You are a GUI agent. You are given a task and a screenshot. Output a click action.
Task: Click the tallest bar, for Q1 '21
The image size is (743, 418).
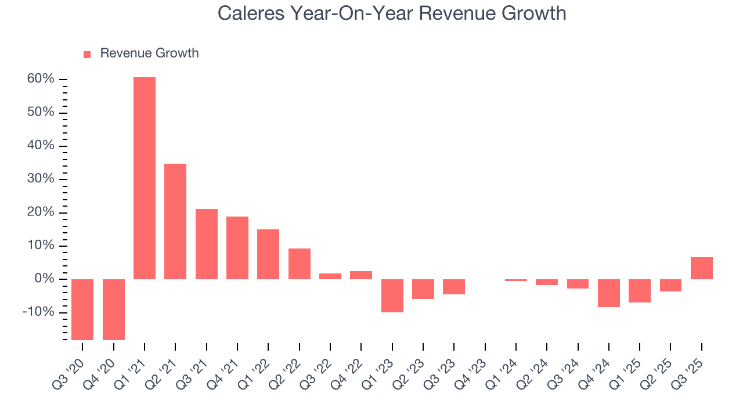[145, 178]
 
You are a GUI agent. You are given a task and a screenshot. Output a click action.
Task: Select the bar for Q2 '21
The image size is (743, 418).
[175, 221]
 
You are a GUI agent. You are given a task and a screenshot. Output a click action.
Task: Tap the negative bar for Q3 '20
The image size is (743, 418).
[82, 309]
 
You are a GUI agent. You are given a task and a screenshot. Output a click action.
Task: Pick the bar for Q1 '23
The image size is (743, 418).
[392, 296]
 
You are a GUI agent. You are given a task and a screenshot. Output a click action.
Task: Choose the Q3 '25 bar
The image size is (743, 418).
[701, 268]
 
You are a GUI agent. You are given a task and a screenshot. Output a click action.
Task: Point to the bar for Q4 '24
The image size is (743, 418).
[608, 293]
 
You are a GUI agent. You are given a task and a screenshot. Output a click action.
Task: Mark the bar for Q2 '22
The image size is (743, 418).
[299, 264]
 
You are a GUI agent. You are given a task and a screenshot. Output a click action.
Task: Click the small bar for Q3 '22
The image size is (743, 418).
[330, 276]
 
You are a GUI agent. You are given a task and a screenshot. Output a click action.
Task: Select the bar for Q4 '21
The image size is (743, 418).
[237, 248]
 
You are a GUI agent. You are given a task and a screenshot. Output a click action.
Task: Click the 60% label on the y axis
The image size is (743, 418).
[41, 79]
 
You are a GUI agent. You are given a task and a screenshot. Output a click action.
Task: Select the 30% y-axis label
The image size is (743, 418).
[41, 179]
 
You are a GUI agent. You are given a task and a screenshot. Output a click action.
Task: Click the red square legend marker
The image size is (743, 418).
[87, 54]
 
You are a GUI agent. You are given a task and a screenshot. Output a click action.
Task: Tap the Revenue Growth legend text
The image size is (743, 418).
[149, 53]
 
